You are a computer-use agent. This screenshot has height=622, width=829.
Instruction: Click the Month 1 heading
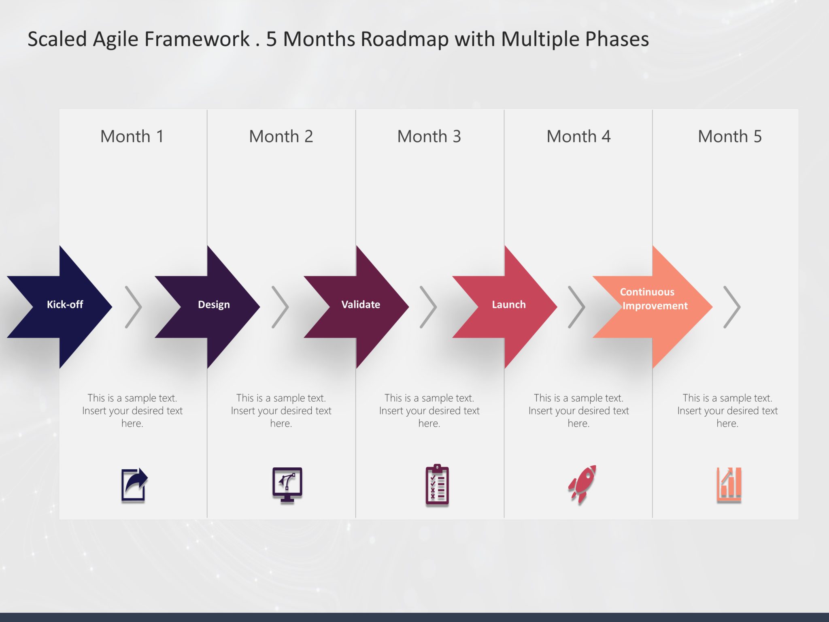[132, 136]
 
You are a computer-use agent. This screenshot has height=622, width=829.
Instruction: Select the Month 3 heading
[429, 136]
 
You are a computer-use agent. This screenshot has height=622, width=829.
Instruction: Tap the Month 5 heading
[729, 136]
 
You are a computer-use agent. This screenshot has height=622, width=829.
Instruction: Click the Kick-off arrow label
[65, 305]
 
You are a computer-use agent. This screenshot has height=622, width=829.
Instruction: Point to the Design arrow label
[214, 305]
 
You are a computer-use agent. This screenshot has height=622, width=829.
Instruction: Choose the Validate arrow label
[361, 305]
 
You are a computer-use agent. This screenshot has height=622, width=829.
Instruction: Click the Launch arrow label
[508, 305]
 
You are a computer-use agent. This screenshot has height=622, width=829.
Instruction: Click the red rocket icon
[582, 484]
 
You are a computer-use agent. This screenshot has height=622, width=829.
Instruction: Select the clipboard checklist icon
[437, 485]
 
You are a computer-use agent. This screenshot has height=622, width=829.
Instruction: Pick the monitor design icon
[287, 484]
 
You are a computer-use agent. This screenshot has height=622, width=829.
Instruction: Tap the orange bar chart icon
[729, 484]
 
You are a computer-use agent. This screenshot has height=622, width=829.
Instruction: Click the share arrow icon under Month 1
[134, 485]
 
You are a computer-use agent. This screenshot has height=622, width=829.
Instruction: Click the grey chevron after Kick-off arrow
[134, 307]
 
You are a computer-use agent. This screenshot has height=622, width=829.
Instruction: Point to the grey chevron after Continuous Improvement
[732, 307]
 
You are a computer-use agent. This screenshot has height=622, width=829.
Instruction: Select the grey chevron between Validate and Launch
[429, 307]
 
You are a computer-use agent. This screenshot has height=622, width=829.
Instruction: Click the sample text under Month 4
[578, 411]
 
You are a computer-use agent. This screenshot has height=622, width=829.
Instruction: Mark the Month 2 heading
[281, 136]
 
